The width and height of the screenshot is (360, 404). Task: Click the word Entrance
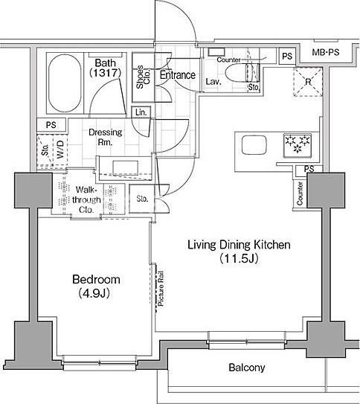pyautogui.click(x=177, y=75)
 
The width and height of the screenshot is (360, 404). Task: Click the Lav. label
pyautogui.click(x=212, y=81)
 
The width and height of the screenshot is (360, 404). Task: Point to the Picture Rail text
pyautogui.click(x=160, y=291)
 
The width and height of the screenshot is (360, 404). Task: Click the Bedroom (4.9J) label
pyautogui.click(x=96, y=286)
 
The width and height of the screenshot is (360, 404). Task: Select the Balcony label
pyautogui.click(x=246, y=368)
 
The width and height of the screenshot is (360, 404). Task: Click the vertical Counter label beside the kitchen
pyautogui.click(x=300, y=193)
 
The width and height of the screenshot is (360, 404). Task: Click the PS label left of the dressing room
pyautogui.click(x=50, y=125)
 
